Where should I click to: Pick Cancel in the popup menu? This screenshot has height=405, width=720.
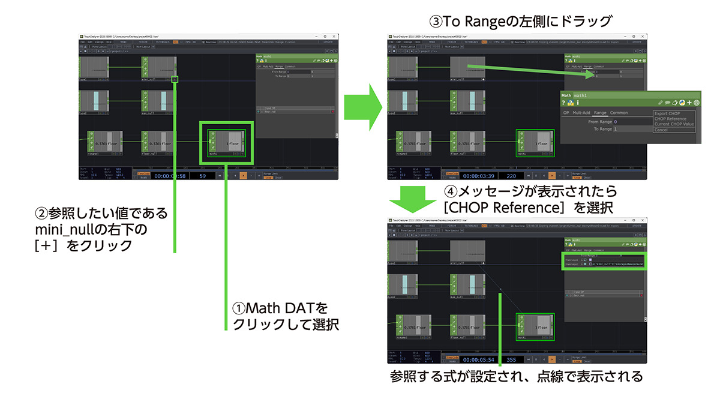coord(661,130)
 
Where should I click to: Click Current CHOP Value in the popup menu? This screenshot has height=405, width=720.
coord(674,124)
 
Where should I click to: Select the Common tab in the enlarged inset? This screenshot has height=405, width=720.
coord(619,112)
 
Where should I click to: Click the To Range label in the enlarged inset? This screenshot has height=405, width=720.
coord(603,129)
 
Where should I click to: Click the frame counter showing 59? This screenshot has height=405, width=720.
coord(203,175)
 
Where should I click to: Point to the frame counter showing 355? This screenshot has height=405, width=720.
coord(511,359)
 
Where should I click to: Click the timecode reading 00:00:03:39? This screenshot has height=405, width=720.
coord(475,175)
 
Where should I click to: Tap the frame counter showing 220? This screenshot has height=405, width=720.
coord(511,175)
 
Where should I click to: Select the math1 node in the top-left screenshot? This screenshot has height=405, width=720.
coord(227,143)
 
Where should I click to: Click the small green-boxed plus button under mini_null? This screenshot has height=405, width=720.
coord(175,79)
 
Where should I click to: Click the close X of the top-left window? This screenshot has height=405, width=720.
coord(335,37)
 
